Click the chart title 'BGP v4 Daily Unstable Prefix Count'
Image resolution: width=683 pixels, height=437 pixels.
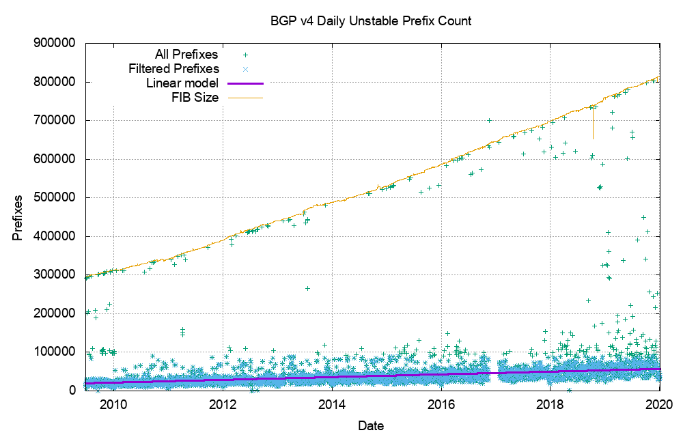pyautogui.click(x=371, y=21)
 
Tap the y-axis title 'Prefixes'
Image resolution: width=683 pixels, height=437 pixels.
pyautogui.click(x=17, y=217)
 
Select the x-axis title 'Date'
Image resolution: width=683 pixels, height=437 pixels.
pyautogui.click(x=371, y=426)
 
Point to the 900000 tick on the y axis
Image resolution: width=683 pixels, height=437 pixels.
pyautogui.click(x=57, y=43)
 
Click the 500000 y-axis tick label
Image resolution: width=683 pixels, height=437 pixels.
pyautogui.click(x=57, y=197)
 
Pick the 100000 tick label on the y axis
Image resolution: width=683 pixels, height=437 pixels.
pyautogui.click(x=57, y=352)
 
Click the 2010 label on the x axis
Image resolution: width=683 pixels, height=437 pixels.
pyautogui.click(x=113, y=403)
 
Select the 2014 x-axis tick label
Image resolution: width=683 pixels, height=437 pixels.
pyautogui.click(x=331, y=403)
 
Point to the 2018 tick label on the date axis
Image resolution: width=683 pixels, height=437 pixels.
pyautogui.click(x=550, y=403)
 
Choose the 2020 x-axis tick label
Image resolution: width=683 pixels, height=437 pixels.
pyautogui.click(x=659, y=403)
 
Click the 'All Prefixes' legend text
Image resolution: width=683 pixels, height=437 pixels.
pyautogui.click(x=186, y=54)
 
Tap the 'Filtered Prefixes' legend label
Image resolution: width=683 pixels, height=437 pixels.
pyautogui.click(x=174, y=69)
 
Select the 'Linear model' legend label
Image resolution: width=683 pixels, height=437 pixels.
pyautogui.click(x=182, y=83)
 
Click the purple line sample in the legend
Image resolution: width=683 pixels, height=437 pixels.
pyautogui.click(x=245, y=83)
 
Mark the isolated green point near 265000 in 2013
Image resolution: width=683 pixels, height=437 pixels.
pyautogui.click(x=307, y=288)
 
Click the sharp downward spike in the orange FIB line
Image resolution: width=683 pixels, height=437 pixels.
pyautogui.click(x=593, y=130)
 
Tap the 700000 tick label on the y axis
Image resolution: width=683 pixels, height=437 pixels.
pyautogui.click(x=57, y=120)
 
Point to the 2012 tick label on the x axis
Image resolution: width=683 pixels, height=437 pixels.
pyautogui.click(x=222, y=403)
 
